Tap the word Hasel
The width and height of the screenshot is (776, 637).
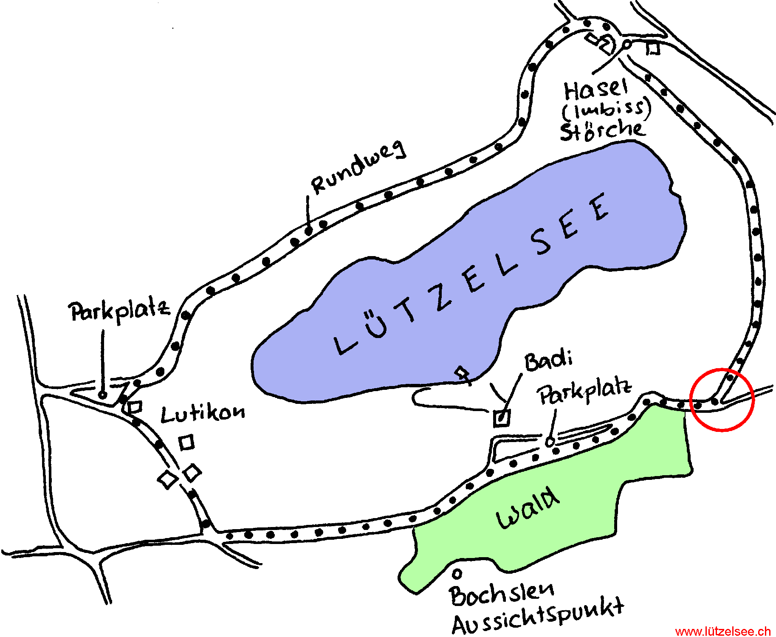[x=595, y=90]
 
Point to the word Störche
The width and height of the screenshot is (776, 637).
[x=602, y=130]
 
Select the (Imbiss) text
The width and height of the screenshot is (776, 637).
[x=607, y=110]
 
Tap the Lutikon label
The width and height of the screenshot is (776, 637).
[x=203, y=413]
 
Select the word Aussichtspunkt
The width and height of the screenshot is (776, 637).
[x=538, y=617]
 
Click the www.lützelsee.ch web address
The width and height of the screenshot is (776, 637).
[x=722, y=631]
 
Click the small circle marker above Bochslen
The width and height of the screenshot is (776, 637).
[x=457, y=574]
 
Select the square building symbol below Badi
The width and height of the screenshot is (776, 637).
[x=502, y=418]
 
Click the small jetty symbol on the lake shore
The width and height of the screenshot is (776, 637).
[x=463, y=375]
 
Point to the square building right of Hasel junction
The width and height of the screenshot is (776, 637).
[x=653, y=49]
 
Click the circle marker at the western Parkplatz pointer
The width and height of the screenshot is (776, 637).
[x=102, y=395]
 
